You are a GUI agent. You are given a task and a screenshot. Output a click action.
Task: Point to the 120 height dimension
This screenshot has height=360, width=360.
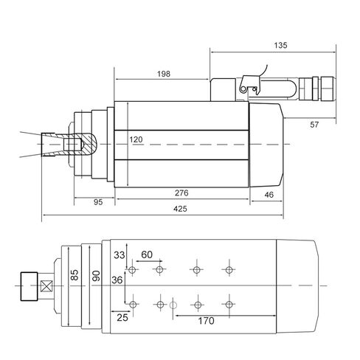pyautogui.click(x=136, y=139)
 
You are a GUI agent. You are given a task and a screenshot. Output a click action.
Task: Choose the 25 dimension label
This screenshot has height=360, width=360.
pyautogui.click(x=122, y=317)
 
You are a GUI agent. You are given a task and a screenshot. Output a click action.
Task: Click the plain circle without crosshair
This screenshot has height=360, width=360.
pyautogui.click(x=174, y=305)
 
